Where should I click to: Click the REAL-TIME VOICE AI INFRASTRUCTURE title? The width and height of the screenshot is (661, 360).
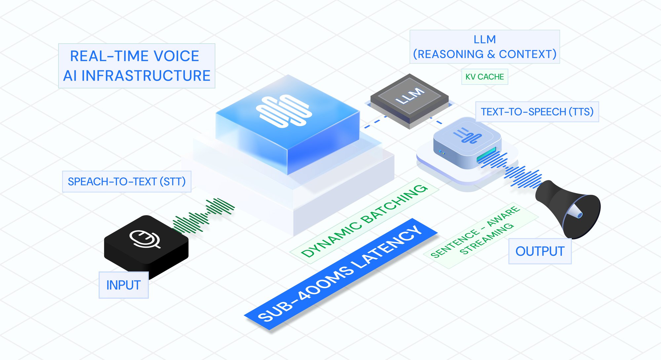(x=136, y=66)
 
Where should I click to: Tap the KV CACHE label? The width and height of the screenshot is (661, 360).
(x=485, y=77)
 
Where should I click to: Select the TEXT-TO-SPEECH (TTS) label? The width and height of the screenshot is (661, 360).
(x=537, y=112)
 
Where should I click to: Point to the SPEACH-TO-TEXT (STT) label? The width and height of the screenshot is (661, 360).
(x=127, y=181)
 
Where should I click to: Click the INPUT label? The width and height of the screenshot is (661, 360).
(x=123, y=285)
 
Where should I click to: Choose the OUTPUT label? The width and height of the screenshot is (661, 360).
(x=540, y=251)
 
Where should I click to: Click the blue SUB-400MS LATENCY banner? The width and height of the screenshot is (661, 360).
(x=340, y=274)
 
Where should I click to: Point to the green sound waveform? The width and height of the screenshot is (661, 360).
(x=203, y=216)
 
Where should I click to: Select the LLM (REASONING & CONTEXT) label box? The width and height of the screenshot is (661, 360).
(x=485, y=47)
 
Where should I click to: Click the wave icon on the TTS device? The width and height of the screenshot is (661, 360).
(x=467, y=135)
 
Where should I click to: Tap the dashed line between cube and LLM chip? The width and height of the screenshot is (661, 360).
(x=375, y=122)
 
